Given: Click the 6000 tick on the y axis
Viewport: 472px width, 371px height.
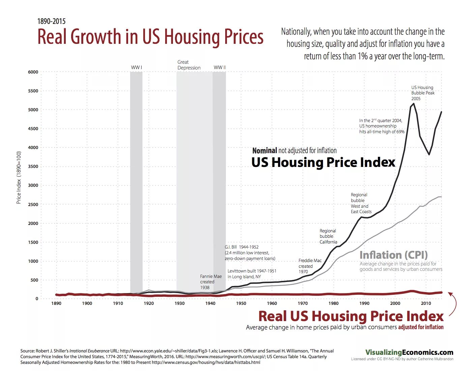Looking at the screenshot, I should (33, 72).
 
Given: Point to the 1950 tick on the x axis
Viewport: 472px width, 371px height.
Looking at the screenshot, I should (241, 303).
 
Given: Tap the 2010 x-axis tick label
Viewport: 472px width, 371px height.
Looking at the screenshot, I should (426, 303).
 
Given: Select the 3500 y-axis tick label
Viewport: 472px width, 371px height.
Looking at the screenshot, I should (33, 166).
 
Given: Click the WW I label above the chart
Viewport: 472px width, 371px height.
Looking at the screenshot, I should (137, 67).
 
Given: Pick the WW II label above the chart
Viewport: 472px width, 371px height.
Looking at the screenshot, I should (220, 67).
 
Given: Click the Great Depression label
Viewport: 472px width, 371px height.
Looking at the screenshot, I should (189, 65).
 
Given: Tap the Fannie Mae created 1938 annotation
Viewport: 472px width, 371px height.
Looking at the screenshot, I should (211, 282).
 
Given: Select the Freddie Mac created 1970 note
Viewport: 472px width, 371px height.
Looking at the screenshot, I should (310, 266).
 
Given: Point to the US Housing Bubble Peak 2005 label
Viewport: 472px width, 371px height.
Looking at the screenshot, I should (423, 93).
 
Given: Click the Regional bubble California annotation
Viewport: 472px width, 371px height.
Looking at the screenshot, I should (328, 236).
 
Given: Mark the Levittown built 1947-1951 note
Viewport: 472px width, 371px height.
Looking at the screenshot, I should (252, 274).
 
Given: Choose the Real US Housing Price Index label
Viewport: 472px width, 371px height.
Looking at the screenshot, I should (351, 316).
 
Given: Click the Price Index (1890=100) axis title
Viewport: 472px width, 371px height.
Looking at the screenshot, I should (19, 177).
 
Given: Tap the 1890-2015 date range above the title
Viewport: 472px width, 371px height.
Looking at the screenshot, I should (51, 21).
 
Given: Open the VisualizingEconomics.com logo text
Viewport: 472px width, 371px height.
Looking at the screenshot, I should (409, 352).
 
